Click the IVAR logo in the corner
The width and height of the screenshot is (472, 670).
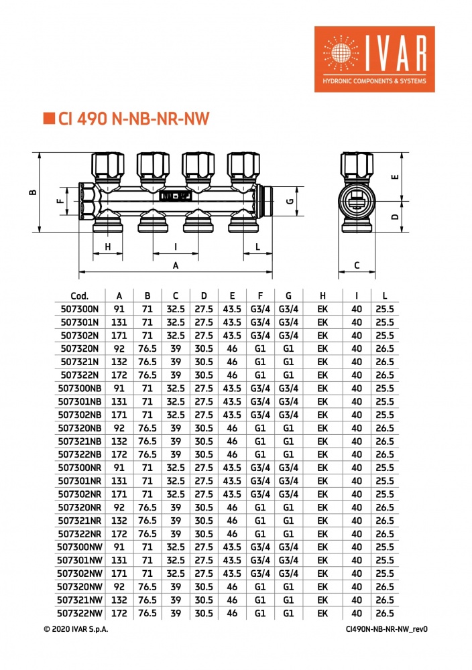375,59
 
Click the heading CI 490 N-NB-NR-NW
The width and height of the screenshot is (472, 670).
133,119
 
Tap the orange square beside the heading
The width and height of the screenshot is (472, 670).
49,118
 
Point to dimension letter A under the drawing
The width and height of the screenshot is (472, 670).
175,266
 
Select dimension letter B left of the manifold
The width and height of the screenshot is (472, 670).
33,192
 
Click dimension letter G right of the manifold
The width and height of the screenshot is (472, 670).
290,201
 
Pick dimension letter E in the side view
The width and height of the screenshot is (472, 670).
395,176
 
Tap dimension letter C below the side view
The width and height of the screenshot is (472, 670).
357,265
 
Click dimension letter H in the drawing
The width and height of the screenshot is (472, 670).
108,247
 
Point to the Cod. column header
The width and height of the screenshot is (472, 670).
80,295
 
